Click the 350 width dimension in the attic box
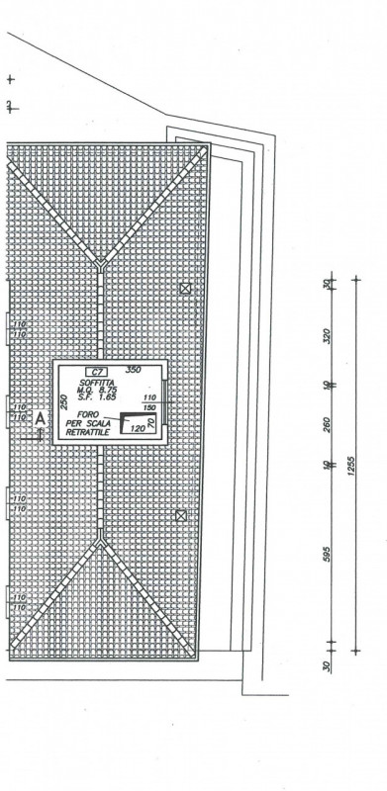(135, 369)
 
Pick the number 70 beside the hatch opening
(150, 423)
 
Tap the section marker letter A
(40, 419)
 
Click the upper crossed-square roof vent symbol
(185, 288)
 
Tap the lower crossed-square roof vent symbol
(180, 515)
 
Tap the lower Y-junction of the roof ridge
(99, 542)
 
